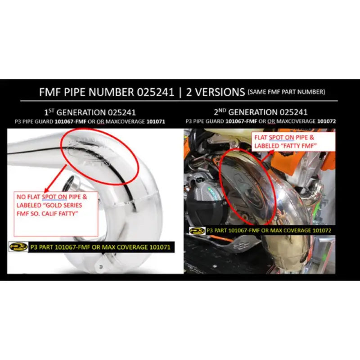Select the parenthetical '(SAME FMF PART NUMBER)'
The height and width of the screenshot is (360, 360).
click(286, 92)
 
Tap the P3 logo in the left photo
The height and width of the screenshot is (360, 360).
click(18, 247)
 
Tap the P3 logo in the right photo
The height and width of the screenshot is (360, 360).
click(197, 230)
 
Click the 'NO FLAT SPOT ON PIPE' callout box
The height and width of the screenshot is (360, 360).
click(56, 213)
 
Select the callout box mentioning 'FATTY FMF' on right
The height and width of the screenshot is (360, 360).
click(279, 142)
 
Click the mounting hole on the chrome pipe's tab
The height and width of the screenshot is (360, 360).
click(100, 266)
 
